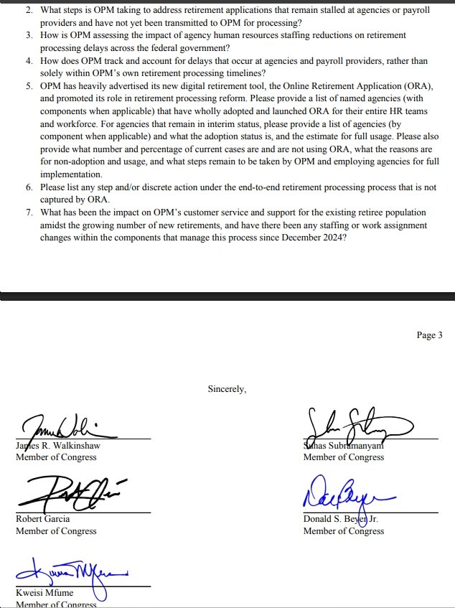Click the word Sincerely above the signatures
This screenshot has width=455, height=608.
click(227, 389)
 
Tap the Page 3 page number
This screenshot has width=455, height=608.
click(429, 335)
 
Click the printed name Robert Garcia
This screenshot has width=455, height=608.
click(43, 519)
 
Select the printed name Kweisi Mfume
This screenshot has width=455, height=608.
click(44, 593)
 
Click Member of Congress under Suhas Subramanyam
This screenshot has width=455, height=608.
click(344, 457)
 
